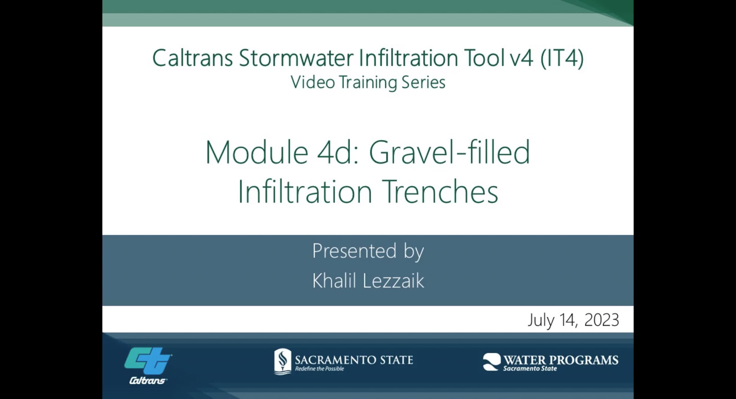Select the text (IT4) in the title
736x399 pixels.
[x=562, y=58]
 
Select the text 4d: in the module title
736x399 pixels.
[x=338, y=153]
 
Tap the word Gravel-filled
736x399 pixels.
[x=449, y=153]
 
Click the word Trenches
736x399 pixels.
[x=440, y=192]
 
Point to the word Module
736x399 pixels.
[x=257, y=153]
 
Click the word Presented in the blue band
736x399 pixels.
[x=354, y=251]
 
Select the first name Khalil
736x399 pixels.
[x=334, y=281]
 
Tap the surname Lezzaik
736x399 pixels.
[x=393, y=281]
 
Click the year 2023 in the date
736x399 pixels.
[x=602, y=320]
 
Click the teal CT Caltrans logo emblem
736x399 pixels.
[x=148, y=361]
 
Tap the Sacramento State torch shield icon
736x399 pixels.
[x=282, y=361]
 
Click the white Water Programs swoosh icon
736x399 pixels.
[x=492, y=362]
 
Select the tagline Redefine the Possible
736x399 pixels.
[x=320, y=369]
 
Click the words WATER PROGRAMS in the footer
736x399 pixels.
[x=561, y=360]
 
